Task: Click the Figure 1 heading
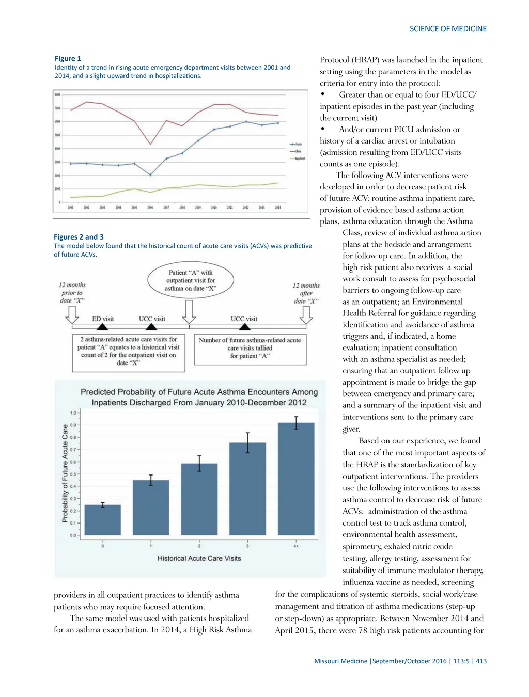coord(68,58)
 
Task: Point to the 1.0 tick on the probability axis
coord(73,413)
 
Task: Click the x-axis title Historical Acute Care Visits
coord(199,558)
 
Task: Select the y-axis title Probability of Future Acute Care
coord(65,473)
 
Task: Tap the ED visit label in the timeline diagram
coord(103,319)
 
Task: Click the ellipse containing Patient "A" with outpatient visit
coord(190,280)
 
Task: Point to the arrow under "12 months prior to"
coord(72,314)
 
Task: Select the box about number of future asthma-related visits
coord(250,348)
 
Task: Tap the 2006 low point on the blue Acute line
coord(150,175)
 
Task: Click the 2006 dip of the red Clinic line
coord(150,144)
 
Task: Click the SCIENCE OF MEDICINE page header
coord(448,29)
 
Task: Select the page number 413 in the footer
coord(481,661)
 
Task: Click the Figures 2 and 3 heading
coord(79,237)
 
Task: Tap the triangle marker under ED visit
coord(103,326)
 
